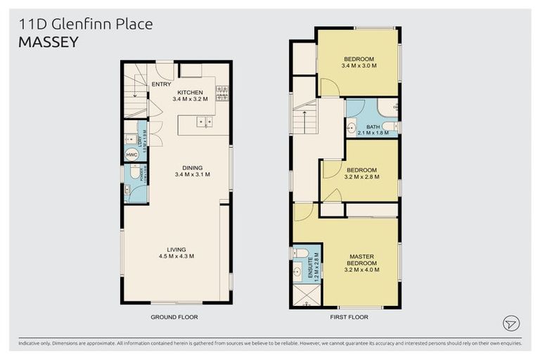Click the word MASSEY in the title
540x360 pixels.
48,42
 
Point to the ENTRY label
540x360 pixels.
161,84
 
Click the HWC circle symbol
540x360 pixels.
131,155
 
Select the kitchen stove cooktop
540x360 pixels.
222,93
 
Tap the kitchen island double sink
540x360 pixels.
205,122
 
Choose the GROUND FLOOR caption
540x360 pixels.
174,317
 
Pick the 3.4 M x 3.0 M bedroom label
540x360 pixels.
359,62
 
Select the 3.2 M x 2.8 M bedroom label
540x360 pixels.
361,174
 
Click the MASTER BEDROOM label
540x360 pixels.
361,264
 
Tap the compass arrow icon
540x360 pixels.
511,323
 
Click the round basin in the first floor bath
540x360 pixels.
352,129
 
